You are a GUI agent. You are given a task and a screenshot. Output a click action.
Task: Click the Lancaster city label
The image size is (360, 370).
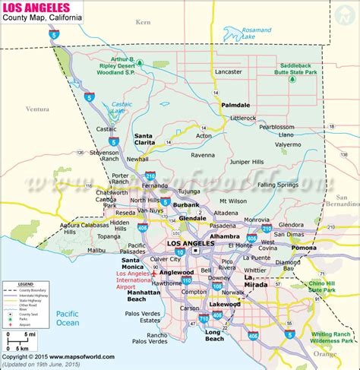tap(229, 72)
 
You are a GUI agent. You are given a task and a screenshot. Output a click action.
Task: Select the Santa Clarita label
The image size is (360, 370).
tap(148, 140)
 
